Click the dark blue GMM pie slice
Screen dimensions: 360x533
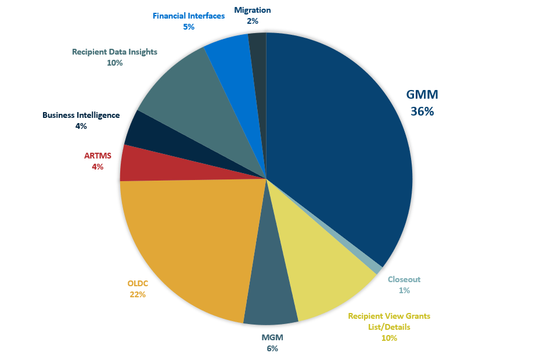point(337,145)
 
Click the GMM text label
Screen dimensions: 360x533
point(422,95)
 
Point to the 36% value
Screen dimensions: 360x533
point(422,111)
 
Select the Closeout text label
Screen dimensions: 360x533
point(404,279)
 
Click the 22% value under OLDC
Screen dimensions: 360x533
point(138,294)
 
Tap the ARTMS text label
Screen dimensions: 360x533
point(98,156)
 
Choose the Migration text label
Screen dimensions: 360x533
point(253,10)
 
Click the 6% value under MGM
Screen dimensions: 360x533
point(273,348)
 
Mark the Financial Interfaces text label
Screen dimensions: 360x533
point(189,16)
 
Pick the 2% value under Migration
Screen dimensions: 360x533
point(253,21)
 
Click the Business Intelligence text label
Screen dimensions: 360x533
point(81,115)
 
